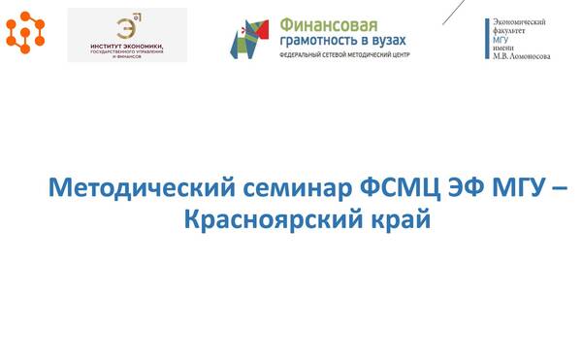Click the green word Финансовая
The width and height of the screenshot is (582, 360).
click(x=326, y=23)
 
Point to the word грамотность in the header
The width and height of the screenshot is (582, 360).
click(x=318, y=40)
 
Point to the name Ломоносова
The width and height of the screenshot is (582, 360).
click(x=529, y=56)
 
